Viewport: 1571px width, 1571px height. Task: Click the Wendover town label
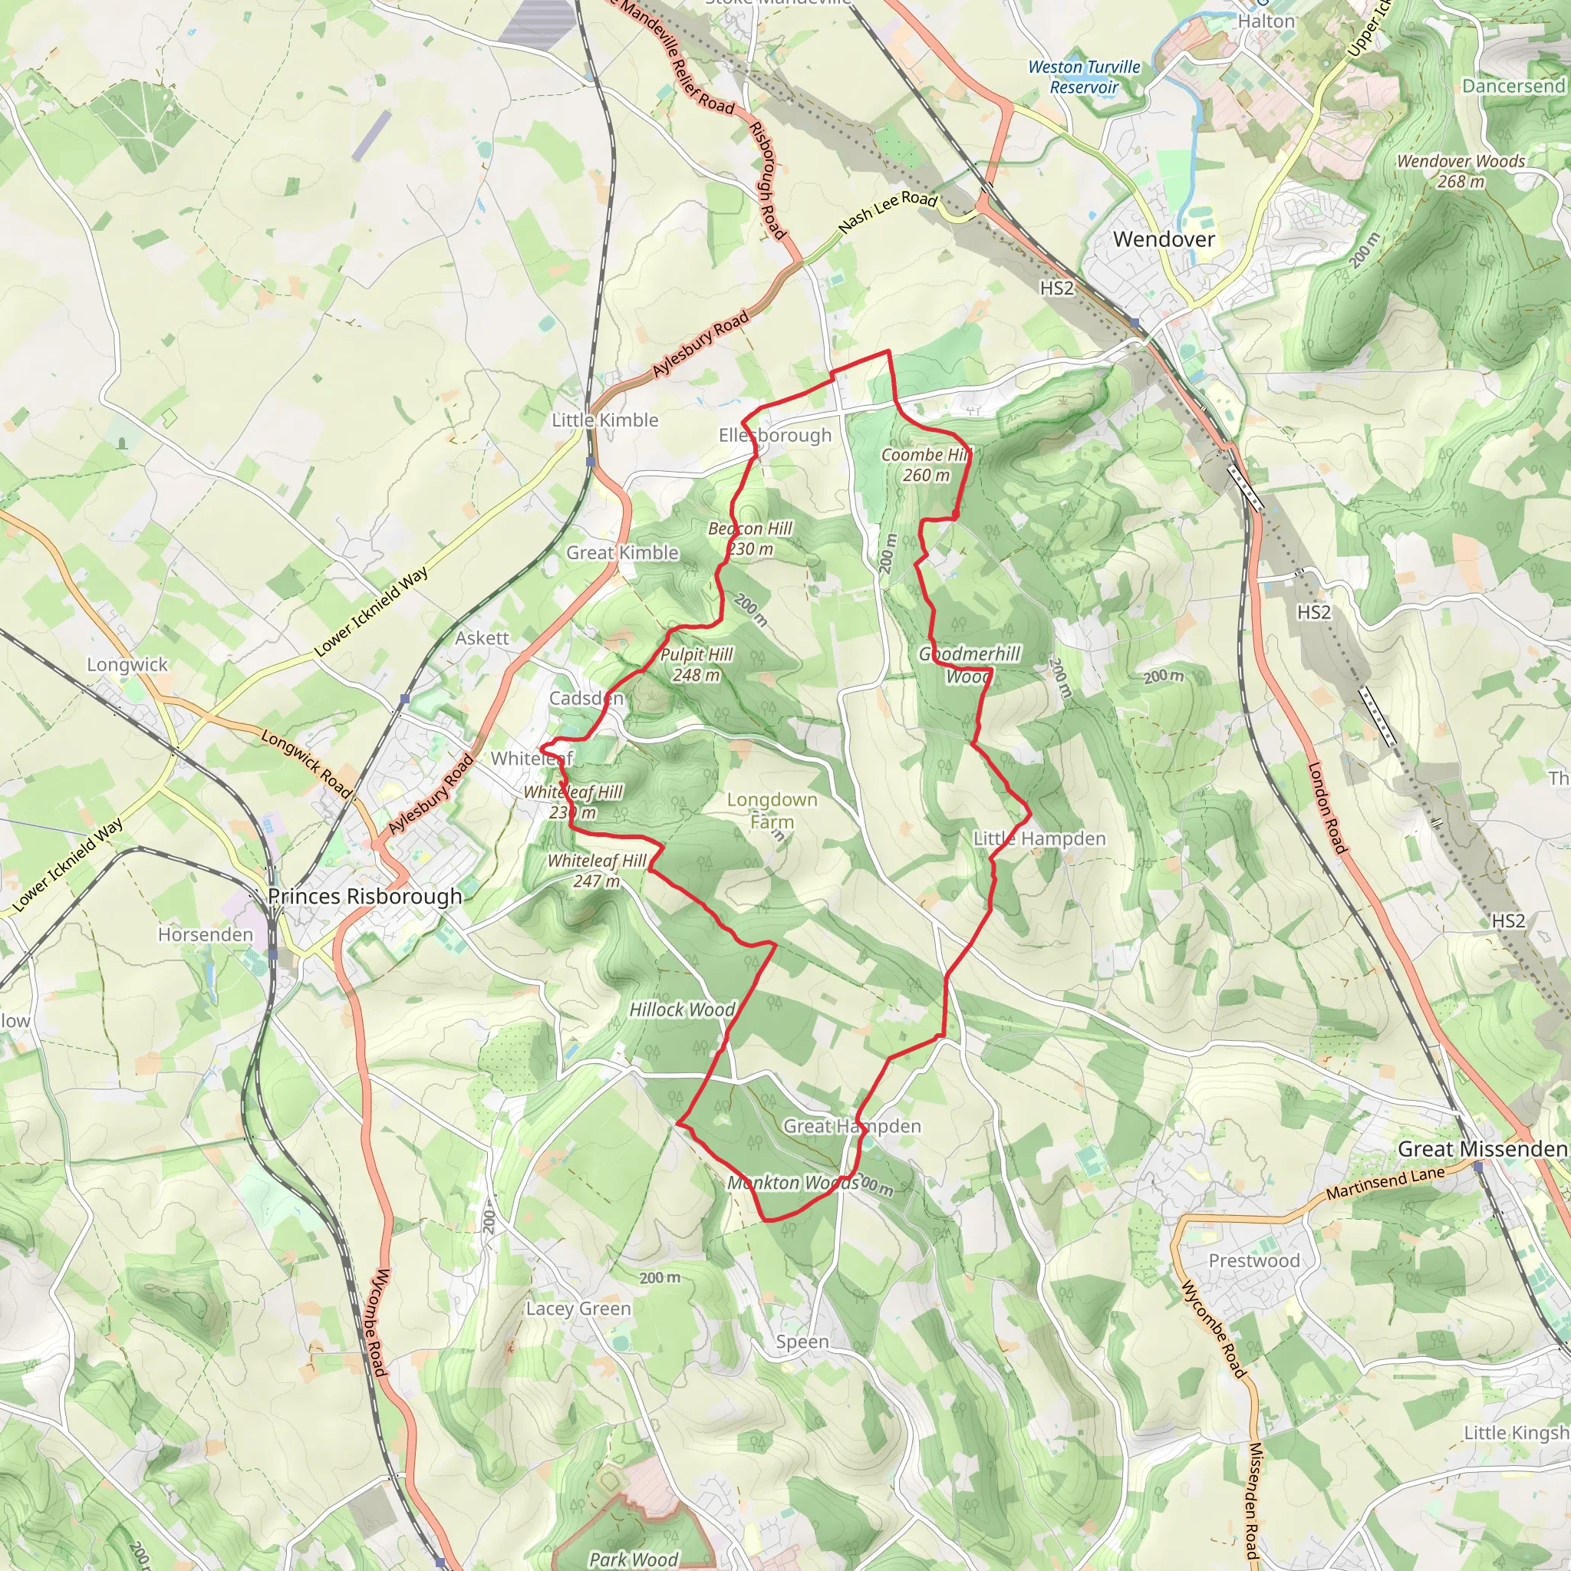[x=1164, y=239]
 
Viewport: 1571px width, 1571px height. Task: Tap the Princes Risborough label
[x=365, y=896]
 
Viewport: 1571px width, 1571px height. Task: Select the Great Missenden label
[x=1481, y=1149]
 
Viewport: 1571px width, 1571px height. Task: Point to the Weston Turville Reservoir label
[x=1084, y=77]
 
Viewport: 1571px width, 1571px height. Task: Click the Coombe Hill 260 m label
[x=926, y=465]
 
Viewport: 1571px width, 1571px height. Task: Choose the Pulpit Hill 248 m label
[x=696, y=664]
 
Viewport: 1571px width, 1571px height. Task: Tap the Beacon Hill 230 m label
[x=749, y=538]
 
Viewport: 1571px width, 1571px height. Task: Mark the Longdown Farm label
[x=772, y=810]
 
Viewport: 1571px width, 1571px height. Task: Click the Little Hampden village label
[x=1039, y=838]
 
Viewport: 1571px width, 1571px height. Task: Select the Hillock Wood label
[x=682, y=1009]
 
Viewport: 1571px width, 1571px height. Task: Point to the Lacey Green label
[x=578, y=1309]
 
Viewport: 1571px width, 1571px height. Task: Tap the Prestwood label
[x=1254, y=1260]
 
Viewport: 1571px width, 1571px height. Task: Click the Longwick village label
[x=127, y=664]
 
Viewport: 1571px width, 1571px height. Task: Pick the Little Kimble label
[x=605, y=420]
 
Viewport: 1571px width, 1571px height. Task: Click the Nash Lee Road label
[x=888, y=212]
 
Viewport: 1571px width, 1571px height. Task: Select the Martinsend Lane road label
[x=1385, y=1182]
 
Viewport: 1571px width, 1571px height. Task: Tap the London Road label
[x=1326, y=808]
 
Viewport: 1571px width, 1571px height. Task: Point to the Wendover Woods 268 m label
[x=1461, y=171]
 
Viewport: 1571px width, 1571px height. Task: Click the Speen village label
[x=802, y=1341]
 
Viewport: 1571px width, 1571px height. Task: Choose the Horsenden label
[x=206, y=934]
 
